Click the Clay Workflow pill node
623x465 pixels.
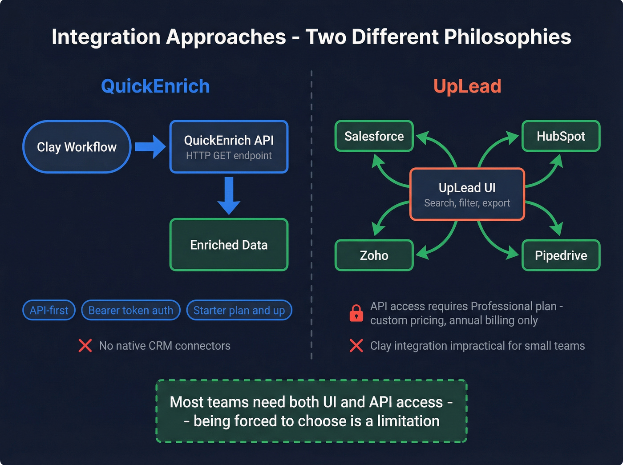[77, 147]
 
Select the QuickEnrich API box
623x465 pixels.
[229, 147]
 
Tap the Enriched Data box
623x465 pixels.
[229, 245]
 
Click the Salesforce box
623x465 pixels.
[374, 136]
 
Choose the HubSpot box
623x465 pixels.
[561, 136]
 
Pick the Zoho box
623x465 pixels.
[374, 255]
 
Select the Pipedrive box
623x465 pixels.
[561, 255]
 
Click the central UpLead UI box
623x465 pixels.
[467, 194]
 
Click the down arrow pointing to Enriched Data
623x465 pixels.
[229, 196]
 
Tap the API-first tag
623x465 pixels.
[49, 310]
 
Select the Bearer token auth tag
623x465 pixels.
[131, 310]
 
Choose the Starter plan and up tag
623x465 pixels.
[239, 310]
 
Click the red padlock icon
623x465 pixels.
[356, 313]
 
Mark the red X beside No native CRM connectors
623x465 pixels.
[85, 346]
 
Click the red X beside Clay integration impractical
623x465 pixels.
[356, 346]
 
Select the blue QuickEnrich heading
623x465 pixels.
[155, 86]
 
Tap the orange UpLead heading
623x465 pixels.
[467, 86]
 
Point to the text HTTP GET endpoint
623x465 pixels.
[229, 156]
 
